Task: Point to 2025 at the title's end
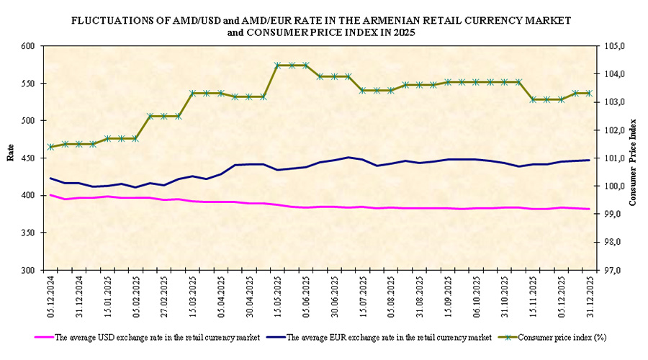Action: [x=402, y=33]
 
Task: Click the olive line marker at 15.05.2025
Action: [x=277, y=65]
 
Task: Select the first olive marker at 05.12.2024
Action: [x=50, y=147]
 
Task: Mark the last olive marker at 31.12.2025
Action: [x=590, y=93]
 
